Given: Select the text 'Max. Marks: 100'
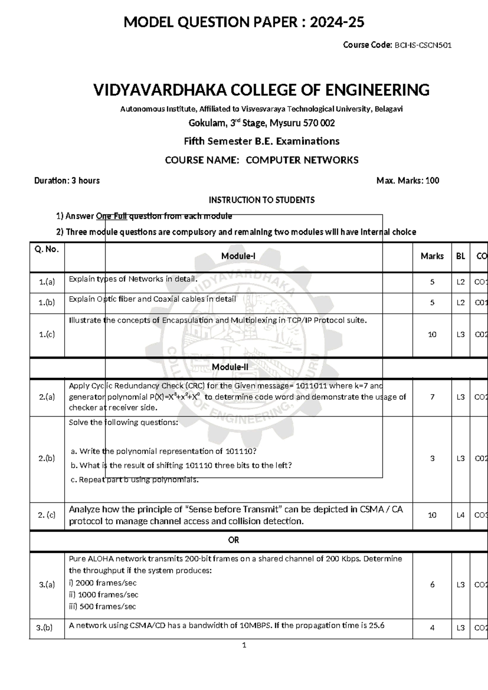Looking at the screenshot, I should click(407, 181).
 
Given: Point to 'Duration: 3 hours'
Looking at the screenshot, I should click(67, 181).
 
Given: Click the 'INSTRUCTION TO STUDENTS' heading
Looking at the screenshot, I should click(261, 200).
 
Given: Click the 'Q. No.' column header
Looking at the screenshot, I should click(47, 249).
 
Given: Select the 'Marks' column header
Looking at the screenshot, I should click(432, 256).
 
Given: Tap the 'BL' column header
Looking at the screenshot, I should click(460, 256).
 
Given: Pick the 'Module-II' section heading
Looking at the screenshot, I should click(230, 367).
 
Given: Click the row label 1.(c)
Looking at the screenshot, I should click(47, 334).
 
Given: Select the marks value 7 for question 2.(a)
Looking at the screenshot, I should click(432, 397).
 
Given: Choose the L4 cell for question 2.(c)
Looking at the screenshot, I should click(460, 515).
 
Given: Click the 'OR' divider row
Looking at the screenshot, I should click(233, 540).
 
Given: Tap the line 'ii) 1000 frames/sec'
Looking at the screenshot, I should click(104, 595).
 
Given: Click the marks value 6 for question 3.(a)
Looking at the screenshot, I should click(432, 585).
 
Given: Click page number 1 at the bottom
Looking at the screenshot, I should click(244, 645).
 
